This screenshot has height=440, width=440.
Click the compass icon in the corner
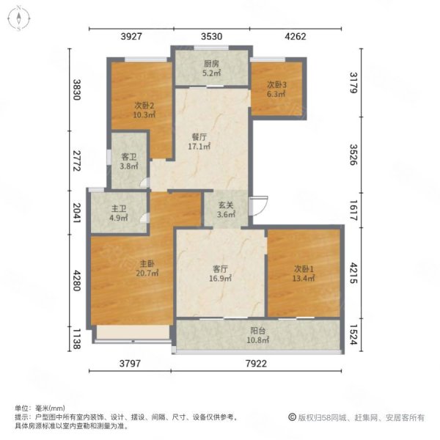coord(19,18)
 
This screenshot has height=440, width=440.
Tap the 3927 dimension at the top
coord(131,37)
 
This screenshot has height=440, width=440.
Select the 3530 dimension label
coord(212,37)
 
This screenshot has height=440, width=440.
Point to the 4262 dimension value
coord(296,37)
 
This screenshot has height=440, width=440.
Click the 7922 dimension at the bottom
coord(256,364)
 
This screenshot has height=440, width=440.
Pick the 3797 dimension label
coord(130,364)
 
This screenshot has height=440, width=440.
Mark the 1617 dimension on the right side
coord(354,210)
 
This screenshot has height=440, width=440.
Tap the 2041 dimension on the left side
coord(77,213)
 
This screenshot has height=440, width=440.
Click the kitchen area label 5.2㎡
coord(212,73)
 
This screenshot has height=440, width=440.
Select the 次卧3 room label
coord(276,84)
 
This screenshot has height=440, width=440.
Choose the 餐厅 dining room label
coord(199,137)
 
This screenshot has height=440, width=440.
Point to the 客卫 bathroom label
coord(129,157)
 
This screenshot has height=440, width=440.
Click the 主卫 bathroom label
coord(119,208)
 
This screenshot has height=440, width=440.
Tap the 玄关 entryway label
coord(226,205)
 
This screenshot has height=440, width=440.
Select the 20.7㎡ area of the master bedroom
coord(147,273)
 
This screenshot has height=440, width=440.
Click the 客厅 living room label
coord(220,269)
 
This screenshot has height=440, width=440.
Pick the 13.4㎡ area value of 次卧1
coord(304,278)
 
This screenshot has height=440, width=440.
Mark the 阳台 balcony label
coord(257,331)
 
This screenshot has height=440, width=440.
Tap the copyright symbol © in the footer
coord(292,417)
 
